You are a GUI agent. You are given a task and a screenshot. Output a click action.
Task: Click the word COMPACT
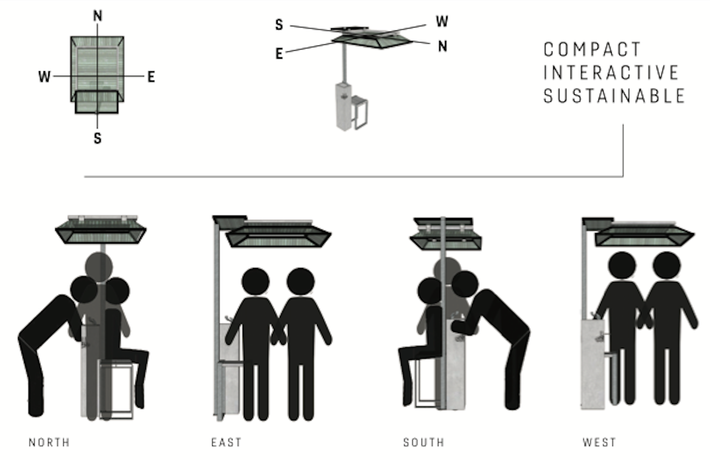pos(592,49)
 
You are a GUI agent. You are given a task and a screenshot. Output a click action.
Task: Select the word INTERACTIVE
pos(611,73)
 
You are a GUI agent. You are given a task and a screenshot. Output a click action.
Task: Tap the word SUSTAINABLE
pos(614,96)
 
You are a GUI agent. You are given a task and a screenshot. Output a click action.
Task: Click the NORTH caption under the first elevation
pos(49,442)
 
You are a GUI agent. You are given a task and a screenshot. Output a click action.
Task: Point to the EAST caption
pos(226,442)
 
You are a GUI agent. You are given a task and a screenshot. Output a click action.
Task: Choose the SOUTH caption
pos(424,442)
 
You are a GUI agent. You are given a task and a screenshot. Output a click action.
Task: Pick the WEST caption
pos(599,442)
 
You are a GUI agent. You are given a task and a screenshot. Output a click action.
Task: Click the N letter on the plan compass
pos(98,16)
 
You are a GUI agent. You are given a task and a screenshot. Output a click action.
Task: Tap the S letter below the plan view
pos(98,138)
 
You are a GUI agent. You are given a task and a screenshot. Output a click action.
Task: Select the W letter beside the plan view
pos(44,77)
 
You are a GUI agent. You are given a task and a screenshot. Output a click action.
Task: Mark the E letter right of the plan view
pos(151,77)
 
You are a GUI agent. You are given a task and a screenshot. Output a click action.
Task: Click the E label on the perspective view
pos(279,54)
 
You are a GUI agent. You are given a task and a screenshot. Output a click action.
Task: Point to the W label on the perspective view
pos(442,22)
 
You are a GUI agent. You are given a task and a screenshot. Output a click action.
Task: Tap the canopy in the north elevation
pos(101,230)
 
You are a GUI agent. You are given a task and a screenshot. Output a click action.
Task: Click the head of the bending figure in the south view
pos(465,284)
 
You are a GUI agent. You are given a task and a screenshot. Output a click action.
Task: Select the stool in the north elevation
pos(116,389)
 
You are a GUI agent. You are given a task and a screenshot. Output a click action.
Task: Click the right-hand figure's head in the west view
pos(667,265)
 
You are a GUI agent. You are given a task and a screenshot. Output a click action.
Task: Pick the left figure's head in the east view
pos(255,281)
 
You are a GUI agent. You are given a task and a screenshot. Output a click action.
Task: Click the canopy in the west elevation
pos(638,232)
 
